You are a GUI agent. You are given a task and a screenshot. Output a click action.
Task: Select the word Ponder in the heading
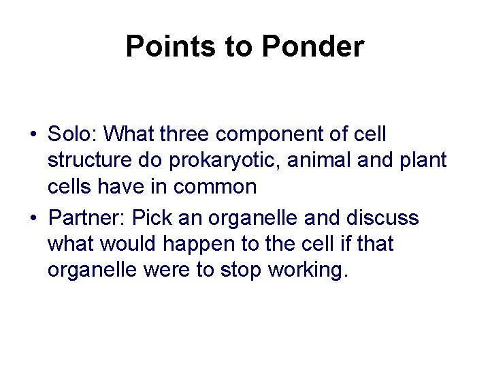(x=312, y=47)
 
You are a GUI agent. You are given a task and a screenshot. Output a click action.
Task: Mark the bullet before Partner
(x=33, y=218)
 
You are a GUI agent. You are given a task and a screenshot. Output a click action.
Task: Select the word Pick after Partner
(x=153, y=218)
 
